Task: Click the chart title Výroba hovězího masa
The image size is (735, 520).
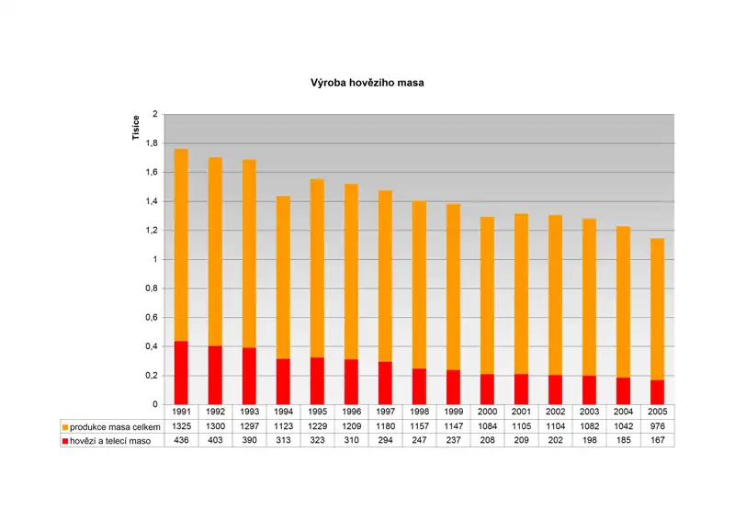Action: pos(367,83)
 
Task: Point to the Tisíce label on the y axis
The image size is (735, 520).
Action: pos(135,129)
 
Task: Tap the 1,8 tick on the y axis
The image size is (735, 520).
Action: pos(153,143)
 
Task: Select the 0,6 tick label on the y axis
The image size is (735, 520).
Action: pos(153,317)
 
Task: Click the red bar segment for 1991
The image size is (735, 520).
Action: pos(181,373)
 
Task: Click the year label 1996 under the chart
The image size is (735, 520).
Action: pos(351,413)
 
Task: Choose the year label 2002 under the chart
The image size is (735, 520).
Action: pos(556,413)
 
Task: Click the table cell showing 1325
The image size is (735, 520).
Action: pos(181,427)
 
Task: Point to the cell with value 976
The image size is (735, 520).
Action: pos(658,427)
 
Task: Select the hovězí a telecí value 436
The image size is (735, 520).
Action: pos(181,441)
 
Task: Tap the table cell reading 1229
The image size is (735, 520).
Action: pos(317,427)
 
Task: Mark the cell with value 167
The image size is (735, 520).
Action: pos(658,441)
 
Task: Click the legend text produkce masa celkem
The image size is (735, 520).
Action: pos(115,427)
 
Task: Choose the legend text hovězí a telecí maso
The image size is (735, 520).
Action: pos(111,441)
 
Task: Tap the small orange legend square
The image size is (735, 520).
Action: pos(65,427)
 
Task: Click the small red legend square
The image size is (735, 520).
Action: pos(65,441)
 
